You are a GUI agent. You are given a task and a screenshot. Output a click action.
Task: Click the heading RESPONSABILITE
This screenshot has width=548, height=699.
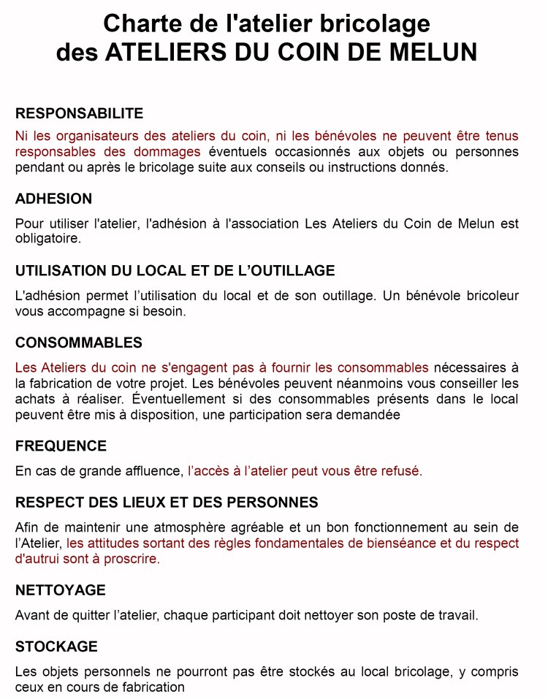[x=79, y=114]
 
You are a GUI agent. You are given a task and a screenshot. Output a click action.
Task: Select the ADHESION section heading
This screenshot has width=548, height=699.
[x=53, y=199]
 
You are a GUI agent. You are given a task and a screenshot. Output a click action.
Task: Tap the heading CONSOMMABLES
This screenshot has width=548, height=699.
[x=79, y=343]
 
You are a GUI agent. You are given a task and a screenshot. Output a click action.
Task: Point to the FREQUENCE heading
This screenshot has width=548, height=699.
[x=61, y=446]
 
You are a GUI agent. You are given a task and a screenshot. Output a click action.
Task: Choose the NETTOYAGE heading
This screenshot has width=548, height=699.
[x=61, y=589]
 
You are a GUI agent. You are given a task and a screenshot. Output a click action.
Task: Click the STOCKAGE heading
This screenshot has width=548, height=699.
[x=56, y=646]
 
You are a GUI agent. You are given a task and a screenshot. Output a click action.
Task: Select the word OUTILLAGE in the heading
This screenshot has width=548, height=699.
[x=288, y=270]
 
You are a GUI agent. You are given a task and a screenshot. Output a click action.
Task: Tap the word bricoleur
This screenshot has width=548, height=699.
[x=492, y=296]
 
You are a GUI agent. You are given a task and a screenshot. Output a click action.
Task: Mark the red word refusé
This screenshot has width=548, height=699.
[x=399, y=471]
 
